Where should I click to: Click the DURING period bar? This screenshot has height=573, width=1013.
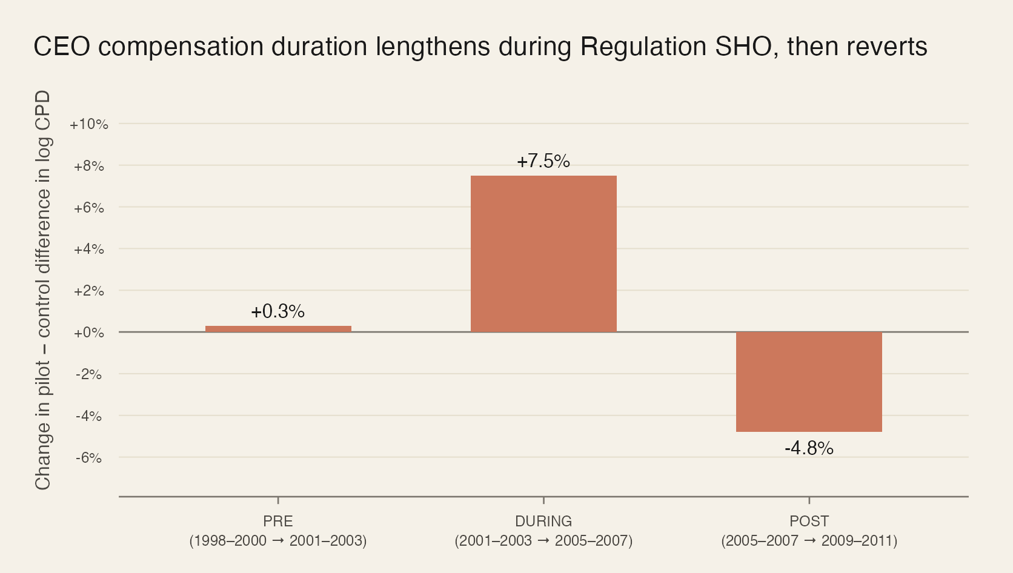[x=543, y=254]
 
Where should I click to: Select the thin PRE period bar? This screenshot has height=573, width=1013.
[x=278, y=329]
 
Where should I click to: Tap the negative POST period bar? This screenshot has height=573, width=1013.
[x=809, y=382]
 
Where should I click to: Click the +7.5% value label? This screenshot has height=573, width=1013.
[x=543, y=161]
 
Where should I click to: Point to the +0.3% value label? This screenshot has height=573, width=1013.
[x=278, y=311]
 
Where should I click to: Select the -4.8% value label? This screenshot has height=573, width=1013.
[x=809, y=448]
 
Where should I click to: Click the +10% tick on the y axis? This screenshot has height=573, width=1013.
[x=89, y=124]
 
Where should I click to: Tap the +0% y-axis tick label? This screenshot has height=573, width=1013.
[x=89, y=333]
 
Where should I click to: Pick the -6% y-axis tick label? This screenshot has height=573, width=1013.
[x=89, y=458]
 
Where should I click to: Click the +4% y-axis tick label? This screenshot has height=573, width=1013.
[x=89, y=249]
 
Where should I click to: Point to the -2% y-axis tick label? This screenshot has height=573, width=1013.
[x=89, y=374]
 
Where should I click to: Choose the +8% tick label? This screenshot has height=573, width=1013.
[x=89, y=166]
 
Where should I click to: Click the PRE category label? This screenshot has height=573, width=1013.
[x=278, y=521]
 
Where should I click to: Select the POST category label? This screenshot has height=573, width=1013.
[x=809, y=521]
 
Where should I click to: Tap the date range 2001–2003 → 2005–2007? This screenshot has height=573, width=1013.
[x=543, y=540]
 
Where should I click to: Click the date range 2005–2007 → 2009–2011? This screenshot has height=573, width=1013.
[x=809, y=540]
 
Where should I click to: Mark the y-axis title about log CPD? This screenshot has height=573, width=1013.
[x=43, y=291]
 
